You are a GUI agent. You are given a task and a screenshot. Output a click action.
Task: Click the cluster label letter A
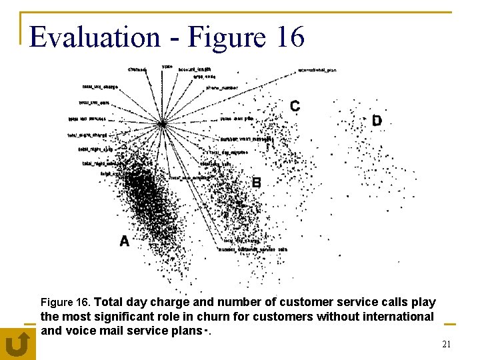pyautogui.click(x=124, y=241)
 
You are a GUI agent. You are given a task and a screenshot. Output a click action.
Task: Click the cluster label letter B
pyautogui.click(x=256, y=183)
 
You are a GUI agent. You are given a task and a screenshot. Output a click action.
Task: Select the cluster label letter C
pyautogui.click(x=295, y=106)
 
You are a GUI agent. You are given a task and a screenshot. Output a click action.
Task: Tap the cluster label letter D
pyautogui.click(x=377, y=121)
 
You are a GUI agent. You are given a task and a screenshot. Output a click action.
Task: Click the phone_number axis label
pyautogui.click(x=222, y=87)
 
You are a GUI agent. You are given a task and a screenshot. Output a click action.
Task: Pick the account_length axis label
pyautogui.click(x=195, y=69)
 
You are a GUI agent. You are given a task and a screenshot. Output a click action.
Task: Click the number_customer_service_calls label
pyautogui.click(x=253, y=249)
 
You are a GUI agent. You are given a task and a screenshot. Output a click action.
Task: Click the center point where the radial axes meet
pyautogui.click(x=162, y=124)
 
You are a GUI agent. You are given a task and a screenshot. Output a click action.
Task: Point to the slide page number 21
pyautogui.click(x=446, y=344)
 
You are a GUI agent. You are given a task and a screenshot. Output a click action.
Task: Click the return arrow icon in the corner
pyautogui.click(x=17, y=344)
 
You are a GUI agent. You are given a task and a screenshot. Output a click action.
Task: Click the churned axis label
pyautogui.click(x=137, y=69)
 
